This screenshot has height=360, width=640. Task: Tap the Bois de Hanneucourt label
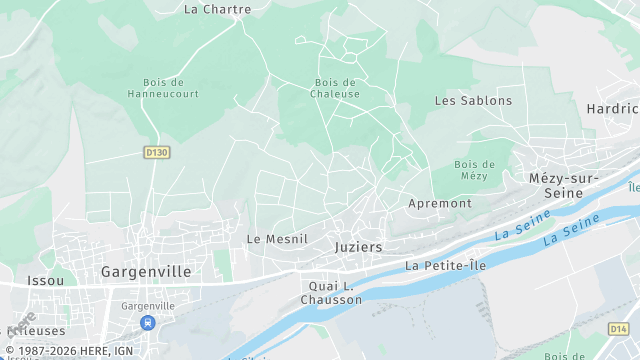click(x=163, y=88)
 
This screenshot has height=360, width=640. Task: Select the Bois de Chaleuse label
click(x=336, y=88)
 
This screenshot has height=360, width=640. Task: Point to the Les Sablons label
click(x=473, y=101)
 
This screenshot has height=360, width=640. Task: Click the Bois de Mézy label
click(x=474, y=170)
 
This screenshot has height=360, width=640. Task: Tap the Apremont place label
click(x=440, y=203)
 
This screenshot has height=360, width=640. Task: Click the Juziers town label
click(x=359, y=246)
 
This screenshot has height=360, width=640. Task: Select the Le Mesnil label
click(x=277, y=239)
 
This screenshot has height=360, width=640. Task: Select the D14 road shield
click(x=619, y=328)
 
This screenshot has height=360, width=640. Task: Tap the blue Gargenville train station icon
click(x=148, y=322)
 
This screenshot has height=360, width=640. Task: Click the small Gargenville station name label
click(x=148, y=305)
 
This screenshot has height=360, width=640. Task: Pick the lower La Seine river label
click(x=565, y=237)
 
